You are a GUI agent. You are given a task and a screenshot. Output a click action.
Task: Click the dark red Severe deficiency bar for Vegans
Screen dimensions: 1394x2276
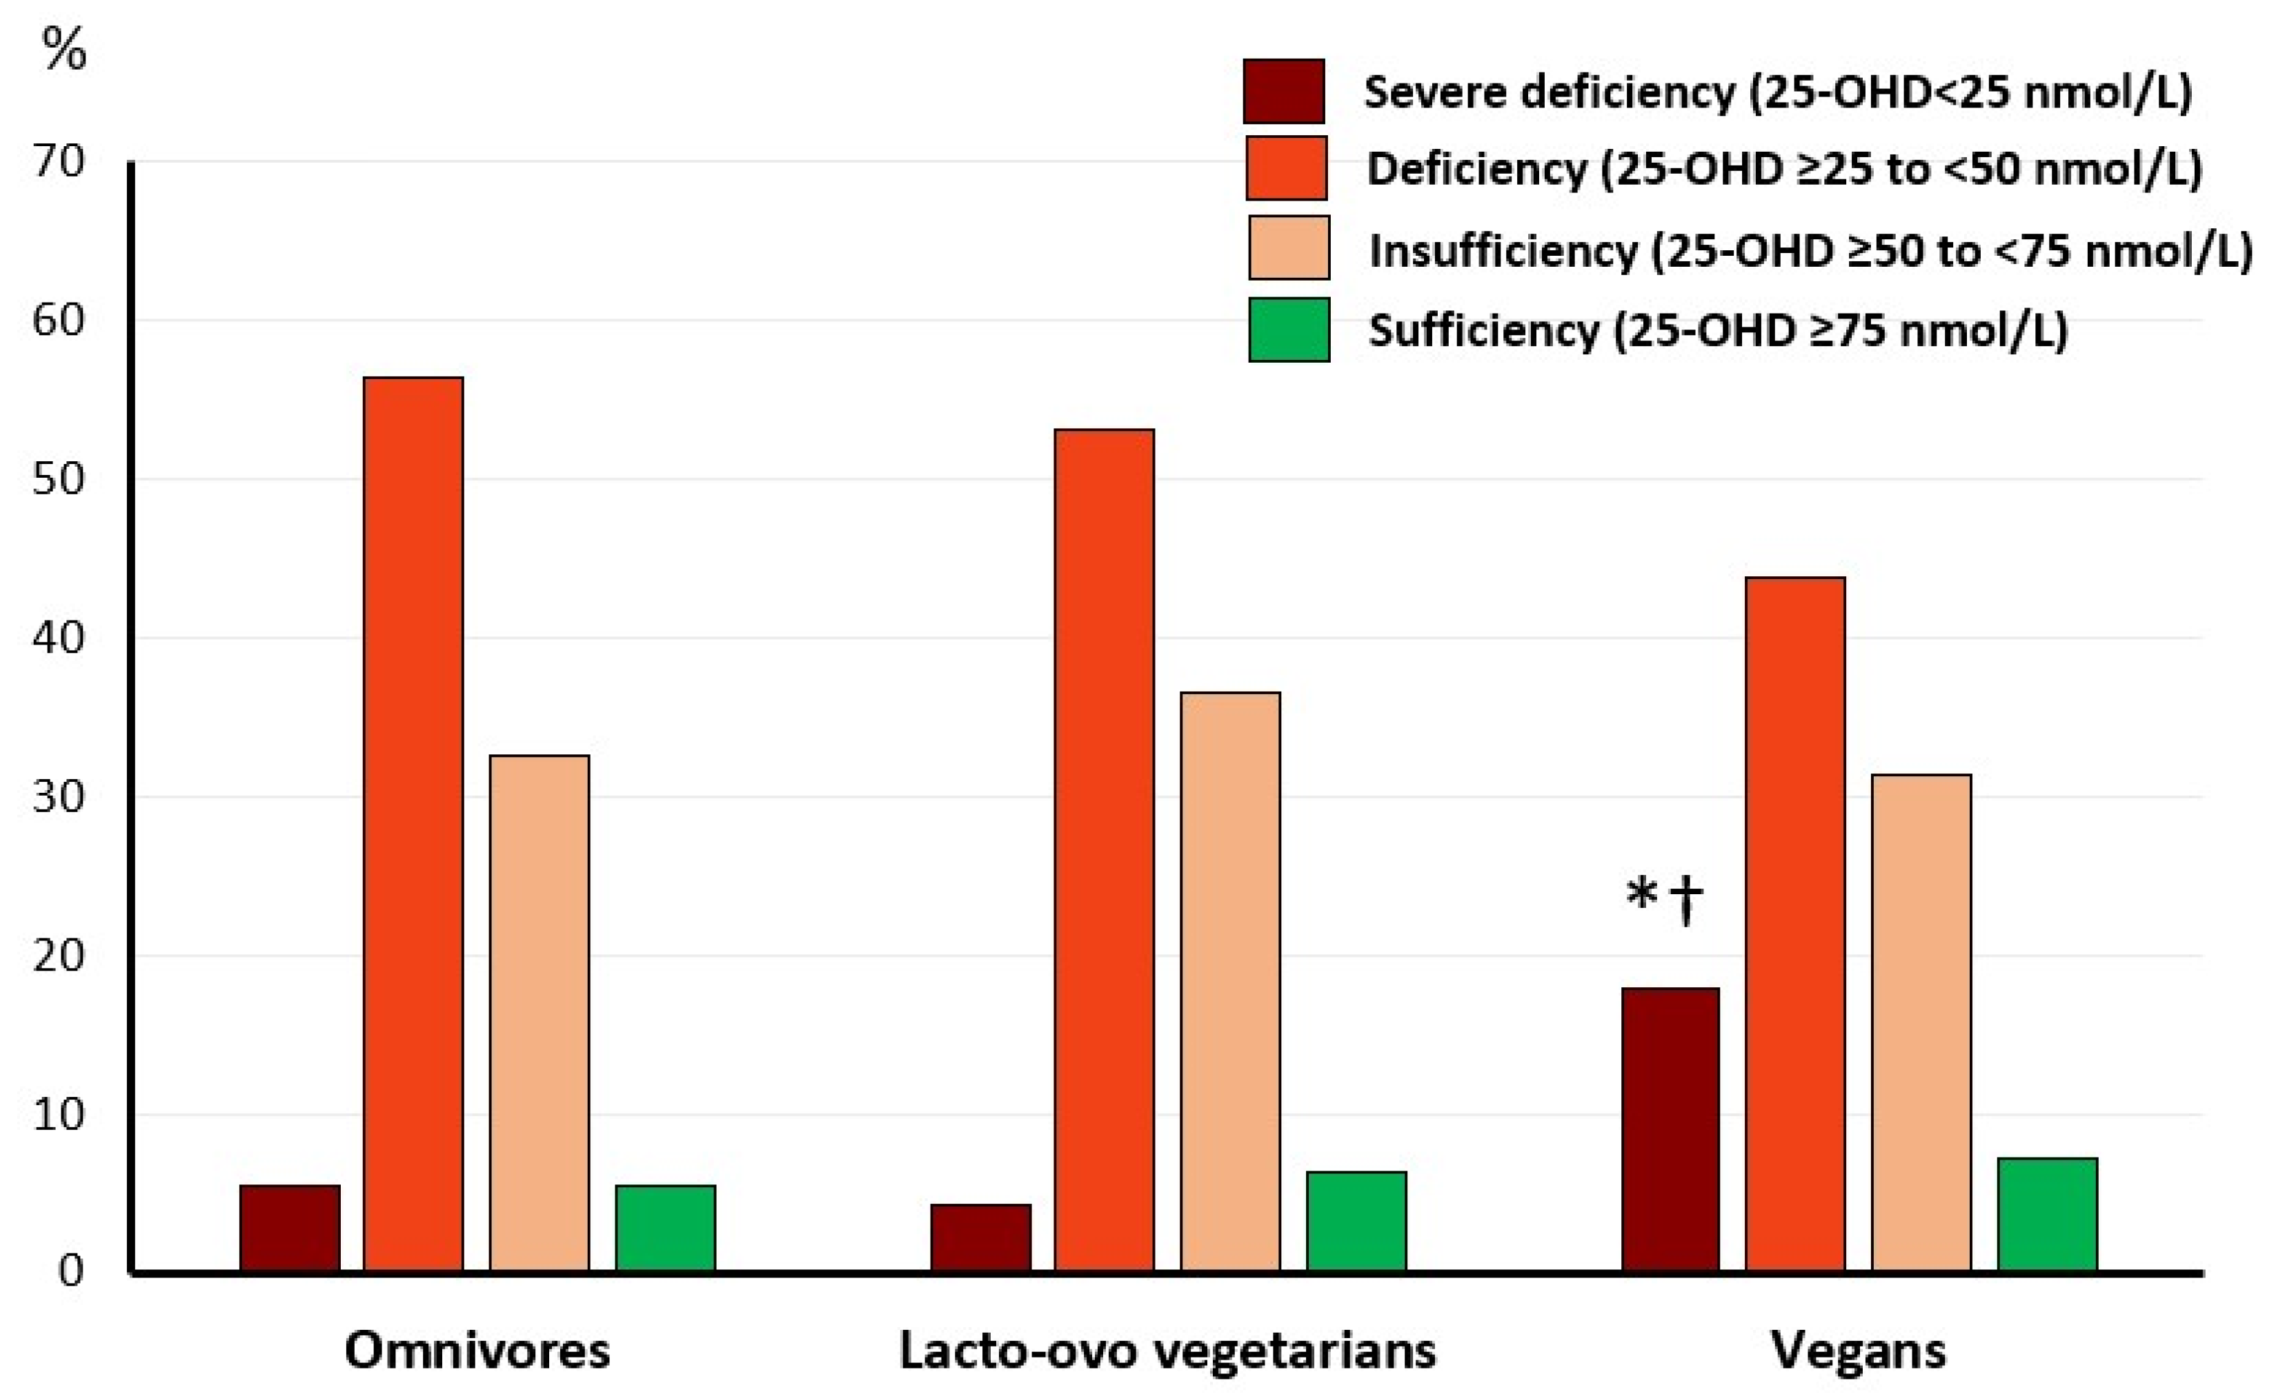(1670, 1130)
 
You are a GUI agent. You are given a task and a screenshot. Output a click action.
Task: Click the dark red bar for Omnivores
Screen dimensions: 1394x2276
(289, 1228)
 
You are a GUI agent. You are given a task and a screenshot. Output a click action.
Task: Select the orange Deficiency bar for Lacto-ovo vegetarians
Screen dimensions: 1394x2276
(1104, 850)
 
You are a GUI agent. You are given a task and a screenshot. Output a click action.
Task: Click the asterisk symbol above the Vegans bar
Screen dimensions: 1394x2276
(1641, 896)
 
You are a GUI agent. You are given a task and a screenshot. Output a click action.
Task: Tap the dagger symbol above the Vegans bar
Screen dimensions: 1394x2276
(1685, 900)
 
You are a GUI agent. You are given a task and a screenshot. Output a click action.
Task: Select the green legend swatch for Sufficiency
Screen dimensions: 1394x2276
(1289, 330)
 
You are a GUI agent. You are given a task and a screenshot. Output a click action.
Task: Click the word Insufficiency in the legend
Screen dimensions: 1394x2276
(1503, 250)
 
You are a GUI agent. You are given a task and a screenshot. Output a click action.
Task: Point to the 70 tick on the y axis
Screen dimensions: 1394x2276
(58, 163)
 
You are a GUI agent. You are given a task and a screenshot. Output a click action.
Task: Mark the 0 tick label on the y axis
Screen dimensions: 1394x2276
(71, 1271)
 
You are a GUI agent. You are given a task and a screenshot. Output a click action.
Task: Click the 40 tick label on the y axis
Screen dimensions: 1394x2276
(58, 637)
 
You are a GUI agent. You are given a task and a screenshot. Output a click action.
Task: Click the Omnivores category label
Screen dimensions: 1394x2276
(477, 1351)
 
